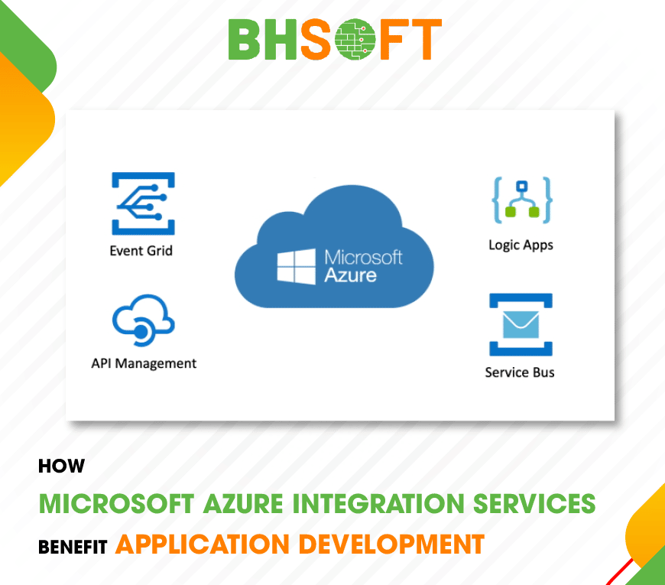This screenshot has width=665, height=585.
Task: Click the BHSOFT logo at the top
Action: tap(335, 39)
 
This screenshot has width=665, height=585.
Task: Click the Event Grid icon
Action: tap(143, 203)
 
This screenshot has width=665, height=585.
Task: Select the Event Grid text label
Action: tap(141, 250)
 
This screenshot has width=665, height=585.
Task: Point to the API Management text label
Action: tap(144, 363)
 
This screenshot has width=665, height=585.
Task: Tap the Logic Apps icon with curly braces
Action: tap(522, 200)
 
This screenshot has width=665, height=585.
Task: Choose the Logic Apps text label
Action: tap(521, 245)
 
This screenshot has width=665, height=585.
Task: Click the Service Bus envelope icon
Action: tap(521, 325)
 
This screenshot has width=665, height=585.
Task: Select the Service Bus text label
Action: tap(520, 372)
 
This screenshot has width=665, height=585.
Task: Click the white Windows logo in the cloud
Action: tap(297, 265)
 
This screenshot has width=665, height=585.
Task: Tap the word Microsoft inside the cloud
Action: tap(363, 257)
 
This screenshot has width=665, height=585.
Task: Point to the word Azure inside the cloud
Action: tap(351, 275)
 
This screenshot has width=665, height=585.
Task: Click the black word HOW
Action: tap(61, 466)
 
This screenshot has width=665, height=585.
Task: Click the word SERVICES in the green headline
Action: tap(535, 504)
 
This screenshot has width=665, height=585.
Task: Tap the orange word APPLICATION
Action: tap(203, 544)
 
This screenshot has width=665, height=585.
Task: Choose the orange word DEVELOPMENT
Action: tap(391, 544)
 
